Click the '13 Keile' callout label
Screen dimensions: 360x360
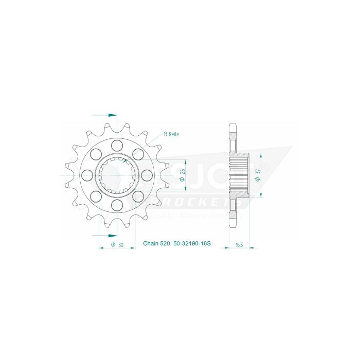click(x=170, y=134)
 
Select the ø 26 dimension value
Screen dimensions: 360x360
click(x=183, y=175)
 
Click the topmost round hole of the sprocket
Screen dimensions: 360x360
click(x=117, y=144)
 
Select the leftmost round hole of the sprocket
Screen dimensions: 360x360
click(x=87, y=175)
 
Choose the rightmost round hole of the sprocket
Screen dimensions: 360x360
click(x=147, y=175)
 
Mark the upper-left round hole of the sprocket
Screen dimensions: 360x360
click(x=96, y=153)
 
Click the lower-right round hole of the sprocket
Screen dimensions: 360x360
click(x=138, y=196)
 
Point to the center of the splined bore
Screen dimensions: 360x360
click(x=117, y=175)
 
